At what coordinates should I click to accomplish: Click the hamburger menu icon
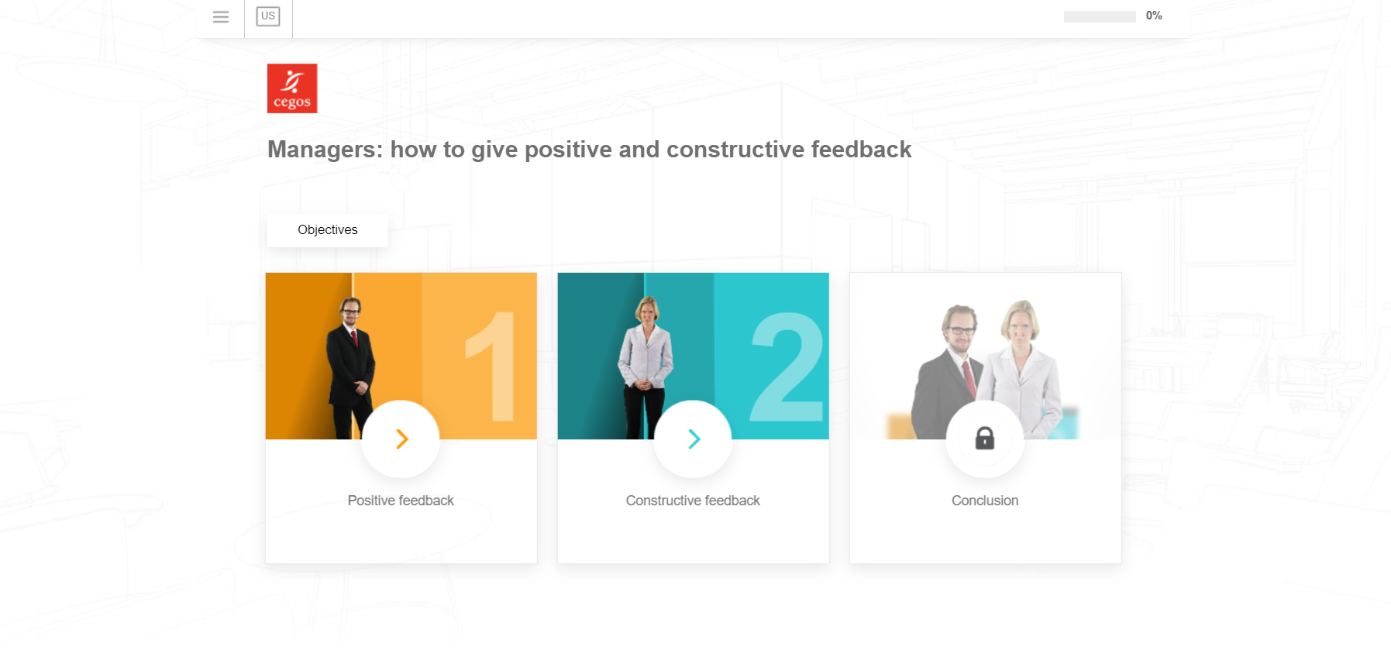click(221, 16)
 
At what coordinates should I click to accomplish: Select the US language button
click(268, 16)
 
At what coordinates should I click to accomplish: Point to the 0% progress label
click(1154, 15)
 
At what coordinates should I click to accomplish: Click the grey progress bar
click(1100, 16)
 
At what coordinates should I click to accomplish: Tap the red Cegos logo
click(292, 88)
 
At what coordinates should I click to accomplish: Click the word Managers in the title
click(325, 150)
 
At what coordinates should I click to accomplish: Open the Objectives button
click(328, 230)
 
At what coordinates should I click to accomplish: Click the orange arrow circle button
click(401, 439)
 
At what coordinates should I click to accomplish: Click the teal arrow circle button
click(693, 439)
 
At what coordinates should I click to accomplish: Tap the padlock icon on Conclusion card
click(985, 439)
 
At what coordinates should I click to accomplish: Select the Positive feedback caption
click(401, 501)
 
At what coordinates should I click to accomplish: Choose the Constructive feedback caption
click(693, 501)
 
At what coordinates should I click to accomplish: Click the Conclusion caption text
click(985, 501)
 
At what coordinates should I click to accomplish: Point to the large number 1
click(494, 366)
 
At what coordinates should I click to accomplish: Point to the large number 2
click(787, 366)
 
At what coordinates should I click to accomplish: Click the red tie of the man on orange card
click(354, 337)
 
